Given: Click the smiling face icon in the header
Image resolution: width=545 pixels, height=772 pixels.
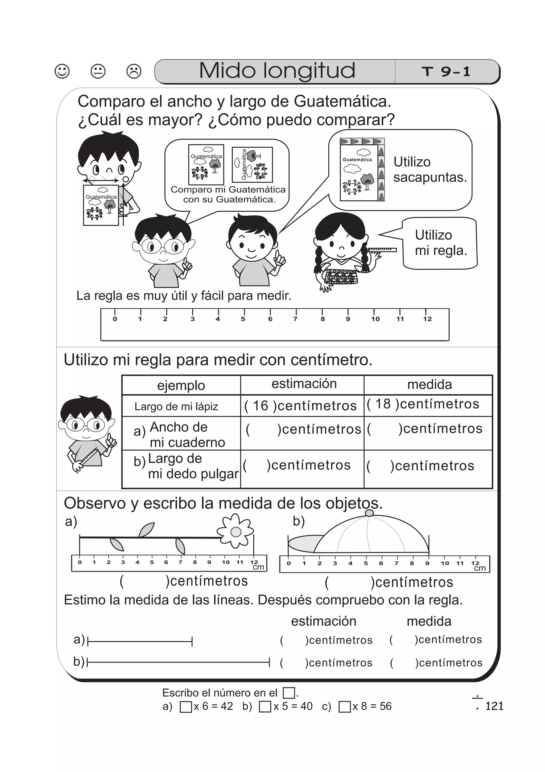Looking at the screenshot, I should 62,71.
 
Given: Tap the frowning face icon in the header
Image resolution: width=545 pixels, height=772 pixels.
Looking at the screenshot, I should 134,71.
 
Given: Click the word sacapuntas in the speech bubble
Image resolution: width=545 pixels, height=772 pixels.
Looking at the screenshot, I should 430,177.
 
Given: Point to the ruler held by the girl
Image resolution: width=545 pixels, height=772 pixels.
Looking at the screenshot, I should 382,250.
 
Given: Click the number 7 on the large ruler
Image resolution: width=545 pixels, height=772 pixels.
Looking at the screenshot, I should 295,319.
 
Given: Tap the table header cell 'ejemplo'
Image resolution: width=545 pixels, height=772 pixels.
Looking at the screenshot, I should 181,385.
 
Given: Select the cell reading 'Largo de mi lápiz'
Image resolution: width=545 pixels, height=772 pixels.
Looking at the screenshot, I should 176,406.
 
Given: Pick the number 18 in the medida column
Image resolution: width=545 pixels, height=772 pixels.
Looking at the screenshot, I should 383,404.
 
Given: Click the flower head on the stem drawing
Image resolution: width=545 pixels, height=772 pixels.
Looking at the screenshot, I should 236,532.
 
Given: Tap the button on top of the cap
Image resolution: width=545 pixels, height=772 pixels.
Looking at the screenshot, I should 369,513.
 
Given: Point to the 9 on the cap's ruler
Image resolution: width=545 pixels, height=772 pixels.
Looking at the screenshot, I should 427,563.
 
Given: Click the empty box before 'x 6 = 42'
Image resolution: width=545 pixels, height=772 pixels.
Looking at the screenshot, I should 186,707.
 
